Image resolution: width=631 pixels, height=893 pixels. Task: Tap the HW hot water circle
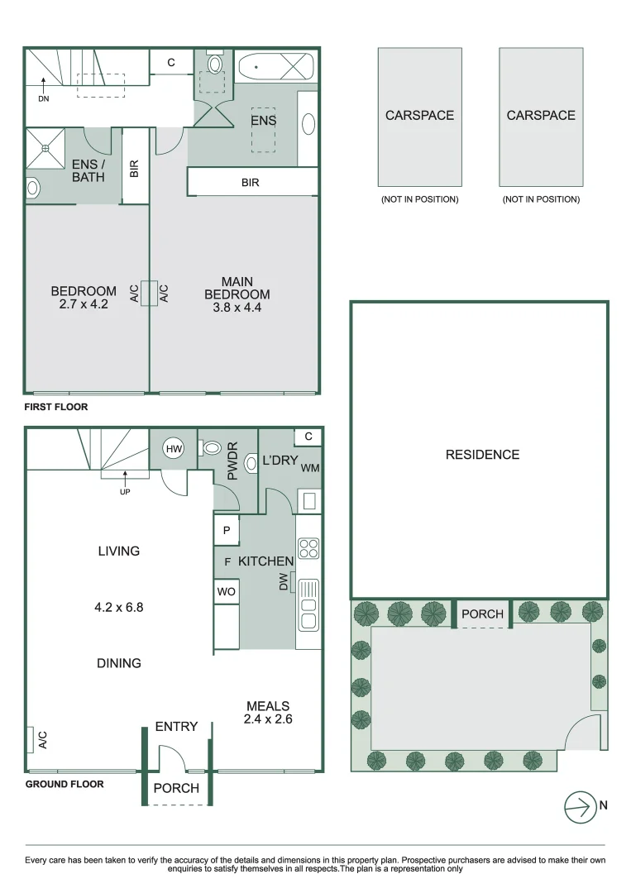click(x=174, y=449)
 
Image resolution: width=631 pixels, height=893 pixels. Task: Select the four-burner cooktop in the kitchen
click(x=308, y=547)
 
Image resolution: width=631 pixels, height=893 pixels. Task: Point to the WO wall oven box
click(x=226, y=592)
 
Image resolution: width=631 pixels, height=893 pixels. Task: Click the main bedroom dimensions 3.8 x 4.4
click(x=237, y=309)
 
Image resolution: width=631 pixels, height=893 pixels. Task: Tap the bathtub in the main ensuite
click(x=275, y=65)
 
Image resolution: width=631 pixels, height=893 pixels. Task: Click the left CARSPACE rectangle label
click(x=419, y=116)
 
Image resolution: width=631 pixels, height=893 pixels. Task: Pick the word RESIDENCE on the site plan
click(x=482, y=455)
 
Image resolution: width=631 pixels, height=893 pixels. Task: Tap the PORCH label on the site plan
click(x=482, y=614)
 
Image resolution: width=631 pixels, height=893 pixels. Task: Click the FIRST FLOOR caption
click(x=55, y=407)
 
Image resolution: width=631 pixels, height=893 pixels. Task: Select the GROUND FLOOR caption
click(x=65, y=784)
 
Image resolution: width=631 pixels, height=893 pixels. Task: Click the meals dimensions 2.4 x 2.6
click(x=268, y=719)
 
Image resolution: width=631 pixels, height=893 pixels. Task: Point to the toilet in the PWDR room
click(x=212, y=448)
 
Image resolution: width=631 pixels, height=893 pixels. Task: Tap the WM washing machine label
click(x=310, y=469)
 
